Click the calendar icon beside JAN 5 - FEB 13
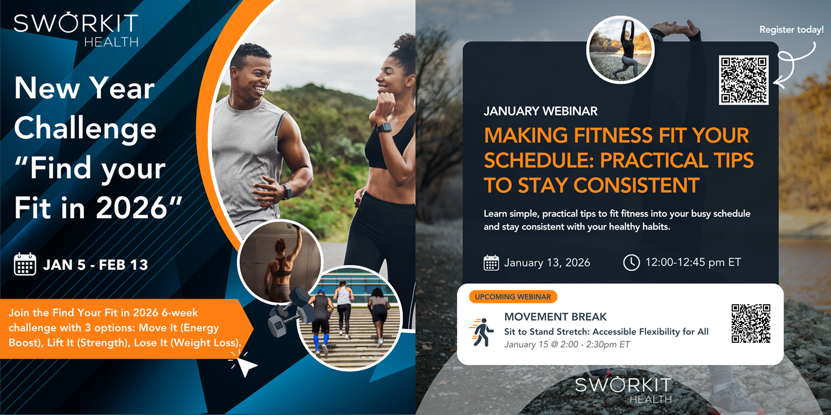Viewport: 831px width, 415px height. click(x=25, y=264)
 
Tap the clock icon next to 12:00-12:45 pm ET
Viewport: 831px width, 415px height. click(x=631, y=262)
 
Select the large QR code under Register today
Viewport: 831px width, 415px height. click(x=744, y=80)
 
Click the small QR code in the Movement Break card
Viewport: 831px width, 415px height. click(x=751, y=323)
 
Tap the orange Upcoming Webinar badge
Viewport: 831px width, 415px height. click(x=513, y=297)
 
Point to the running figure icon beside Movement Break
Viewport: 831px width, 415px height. click(x=481, y=332)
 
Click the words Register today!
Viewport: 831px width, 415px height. click(x=791, y=29)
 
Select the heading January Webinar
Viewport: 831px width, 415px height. click(x=541, y=111)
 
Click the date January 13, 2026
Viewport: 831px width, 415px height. click(x=547, y=263)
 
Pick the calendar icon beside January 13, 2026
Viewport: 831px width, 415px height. click(x=491, y=262)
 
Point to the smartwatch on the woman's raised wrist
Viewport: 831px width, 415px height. click(x=384, y=128)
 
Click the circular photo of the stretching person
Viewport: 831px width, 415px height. click(x=620, y=50)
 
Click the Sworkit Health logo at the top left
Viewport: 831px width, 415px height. click(x=76, y=30)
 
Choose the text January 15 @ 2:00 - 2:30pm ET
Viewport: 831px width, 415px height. click(x=567, y=345)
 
